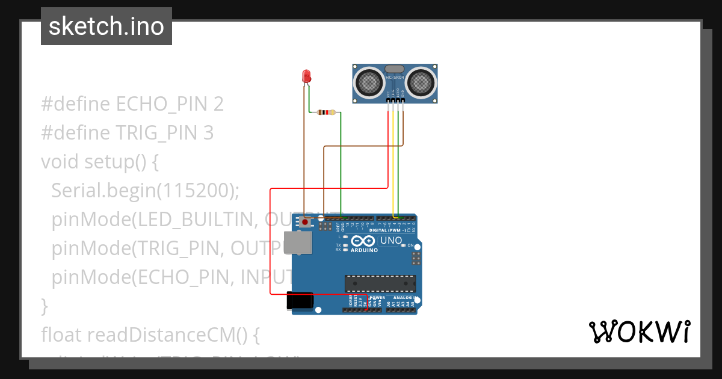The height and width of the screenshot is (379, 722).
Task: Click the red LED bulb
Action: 306,76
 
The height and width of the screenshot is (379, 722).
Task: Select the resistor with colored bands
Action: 326,112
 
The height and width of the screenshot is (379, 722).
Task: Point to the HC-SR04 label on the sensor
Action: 394,78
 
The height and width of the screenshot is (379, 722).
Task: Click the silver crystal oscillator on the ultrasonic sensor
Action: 394,69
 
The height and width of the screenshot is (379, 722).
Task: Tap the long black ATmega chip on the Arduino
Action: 380,283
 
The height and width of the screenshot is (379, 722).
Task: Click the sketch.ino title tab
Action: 106,26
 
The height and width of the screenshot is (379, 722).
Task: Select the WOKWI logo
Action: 639,331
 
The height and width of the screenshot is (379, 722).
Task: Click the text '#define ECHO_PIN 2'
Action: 132,104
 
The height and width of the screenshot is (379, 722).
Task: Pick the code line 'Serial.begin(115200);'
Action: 146,190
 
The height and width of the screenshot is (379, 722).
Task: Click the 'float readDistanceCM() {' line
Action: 150,334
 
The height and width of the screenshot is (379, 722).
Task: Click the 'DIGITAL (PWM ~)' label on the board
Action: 386,230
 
